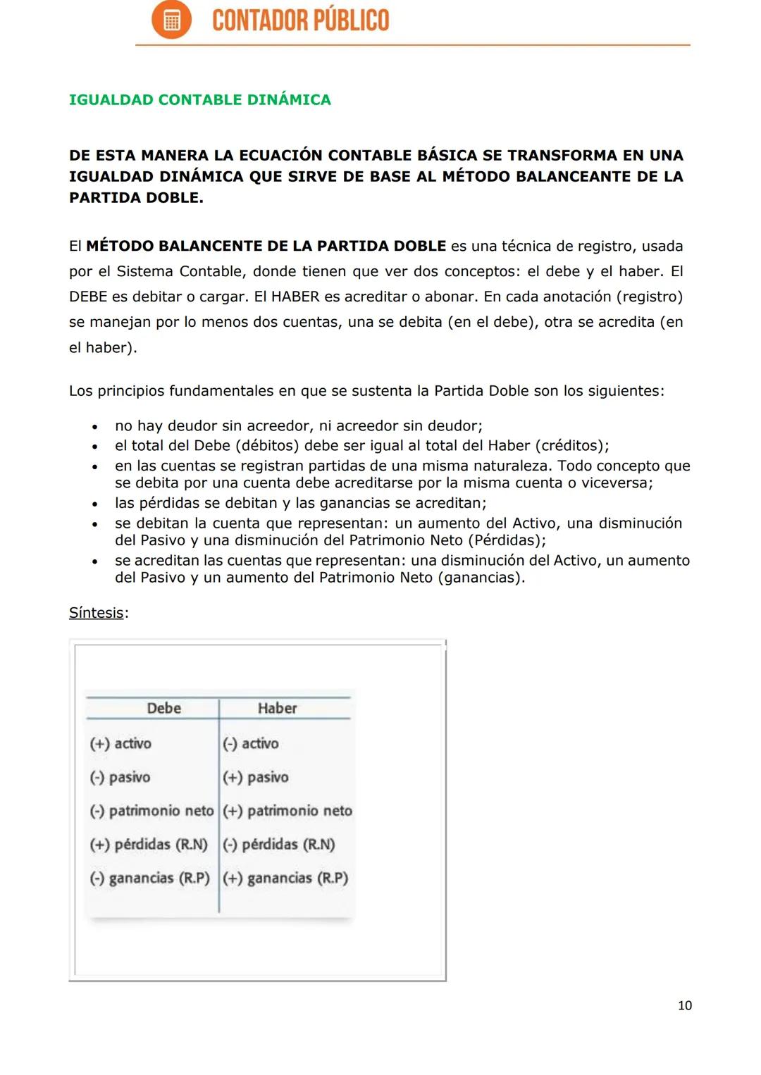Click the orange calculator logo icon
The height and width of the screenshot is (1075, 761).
(x=171, y=20)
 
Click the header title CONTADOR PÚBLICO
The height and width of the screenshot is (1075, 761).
(x=300, y=20)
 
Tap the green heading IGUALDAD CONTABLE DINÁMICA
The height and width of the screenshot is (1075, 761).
(x=199, y=100)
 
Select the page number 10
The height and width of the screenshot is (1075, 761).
(x=684, y=1006)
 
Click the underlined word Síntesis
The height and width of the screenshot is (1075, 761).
(x=97, y=613)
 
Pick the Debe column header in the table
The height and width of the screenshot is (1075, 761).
(x=163, y=709)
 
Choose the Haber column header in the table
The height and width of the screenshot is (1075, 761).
(x=277, y=709)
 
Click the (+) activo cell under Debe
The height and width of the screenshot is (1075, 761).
(x=120, y=744)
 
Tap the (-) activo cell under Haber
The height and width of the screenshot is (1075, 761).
(x=251, y=744)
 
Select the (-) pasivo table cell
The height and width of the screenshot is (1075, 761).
(x=120, y=778)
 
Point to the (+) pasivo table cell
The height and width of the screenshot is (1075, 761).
(x=256, y=778)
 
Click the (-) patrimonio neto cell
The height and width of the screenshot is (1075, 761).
(x=151, y=812)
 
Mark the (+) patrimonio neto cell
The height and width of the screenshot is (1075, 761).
(x=287, y=812)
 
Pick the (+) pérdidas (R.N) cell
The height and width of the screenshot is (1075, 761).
(x=149, y=845)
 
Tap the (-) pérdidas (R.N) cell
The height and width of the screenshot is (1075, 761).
(x=279, y=845)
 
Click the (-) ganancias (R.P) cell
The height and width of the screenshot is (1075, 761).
(x=149, y=878)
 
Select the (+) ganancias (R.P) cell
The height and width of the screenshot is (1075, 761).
(x=285, y=878)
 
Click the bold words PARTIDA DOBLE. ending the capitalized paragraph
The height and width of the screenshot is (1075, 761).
(x=136, y=198)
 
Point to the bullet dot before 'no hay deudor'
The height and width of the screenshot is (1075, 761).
(x=94, y=427)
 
